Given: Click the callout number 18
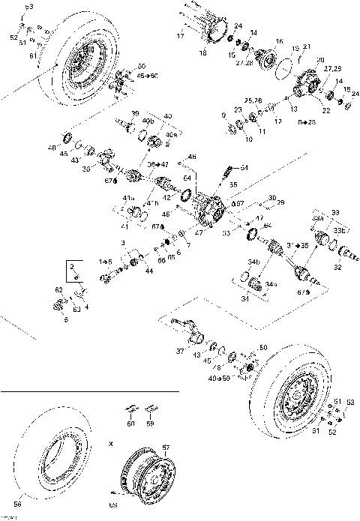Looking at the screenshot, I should (x=202, y=53).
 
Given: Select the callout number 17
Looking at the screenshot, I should (x=180, y=35).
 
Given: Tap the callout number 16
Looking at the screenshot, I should (x=279, y=41).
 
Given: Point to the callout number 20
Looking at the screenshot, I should (x=321, y=60).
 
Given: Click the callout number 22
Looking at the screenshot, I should (x=325, y=111).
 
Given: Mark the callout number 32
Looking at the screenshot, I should (x=337, y=266).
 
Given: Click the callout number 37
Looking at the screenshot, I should (x=179, y=351).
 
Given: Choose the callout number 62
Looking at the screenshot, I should (x=58, y=289).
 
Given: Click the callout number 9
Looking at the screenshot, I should (x=223, y=114).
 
